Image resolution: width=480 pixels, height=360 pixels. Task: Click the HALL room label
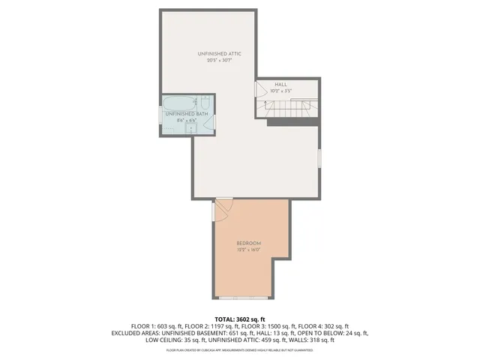(280, 85)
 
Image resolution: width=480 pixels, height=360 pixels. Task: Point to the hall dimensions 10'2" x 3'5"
(280, 91)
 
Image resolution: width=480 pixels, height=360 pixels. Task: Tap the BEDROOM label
(248, 244)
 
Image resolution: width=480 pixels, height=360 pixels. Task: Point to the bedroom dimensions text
(248, 250)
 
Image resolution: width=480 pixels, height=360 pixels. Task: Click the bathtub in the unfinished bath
(178, 102)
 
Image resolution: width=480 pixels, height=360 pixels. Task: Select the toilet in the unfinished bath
(205, 102)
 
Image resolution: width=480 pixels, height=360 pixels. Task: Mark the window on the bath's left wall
(160, 115)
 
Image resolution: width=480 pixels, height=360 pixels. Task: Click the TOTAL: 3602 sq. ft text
(239, 319)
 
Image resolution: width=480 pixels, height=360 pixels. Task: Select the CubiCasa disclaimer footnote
(239, 349)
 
